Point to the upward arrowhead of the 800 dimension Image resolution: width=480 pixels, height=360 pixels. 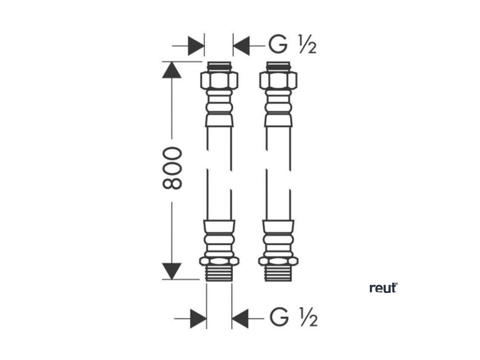[x=172, y=70]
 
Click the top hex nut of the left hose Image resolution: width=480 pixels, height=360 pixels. [x=219, y=81]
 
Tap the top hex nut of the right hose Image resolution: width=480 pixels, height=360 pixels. [x=278, y=81]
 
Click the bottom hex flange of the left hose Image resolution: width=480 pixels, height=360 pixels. [x=219, y=261]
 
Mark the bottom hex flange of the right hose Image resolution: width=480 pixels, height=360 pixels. [x=279, y=261]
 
